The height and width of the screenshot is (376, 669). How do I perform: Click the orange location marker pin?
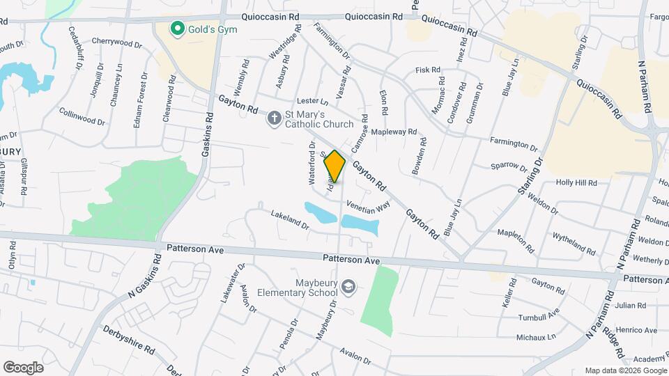[x=335, y=166]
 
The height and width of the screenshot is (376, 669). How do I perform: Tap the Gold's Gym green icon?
[x=178, y=29]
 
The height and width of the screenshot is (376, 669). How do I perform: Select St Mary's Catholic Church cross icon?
[x=275, y=118]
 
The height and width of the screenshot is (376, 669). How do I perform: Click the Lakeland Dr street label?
[x=289, y=220]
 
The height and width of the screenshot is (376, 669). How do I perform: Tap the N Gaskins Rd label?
[x=145, y=277]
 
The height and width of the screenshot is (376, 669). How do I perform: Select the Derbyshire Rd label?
[x=130, y=339]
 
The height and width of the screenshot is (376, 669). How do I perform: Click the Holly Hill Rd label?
[x=576, y=182]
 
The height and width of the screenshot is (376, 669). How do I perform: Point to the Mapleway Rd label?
[x=394, y=131]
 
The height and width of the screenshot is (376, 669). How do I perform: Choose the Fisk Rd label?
[x=428, y=70]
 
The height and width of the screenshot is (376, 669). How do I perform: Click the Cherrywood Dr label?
[x=116, y=43]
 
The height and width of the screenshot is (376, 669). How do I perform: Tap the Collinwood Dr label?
[x=82, y=116]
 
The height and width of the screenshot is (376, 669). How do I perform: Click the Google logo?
[x=23, y=367]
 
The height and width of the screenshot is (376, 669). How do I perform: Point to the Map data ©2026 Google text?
[x=625, y=370]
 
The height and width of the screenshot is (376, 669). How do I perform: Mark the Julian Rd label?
[x=631, y=305]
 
